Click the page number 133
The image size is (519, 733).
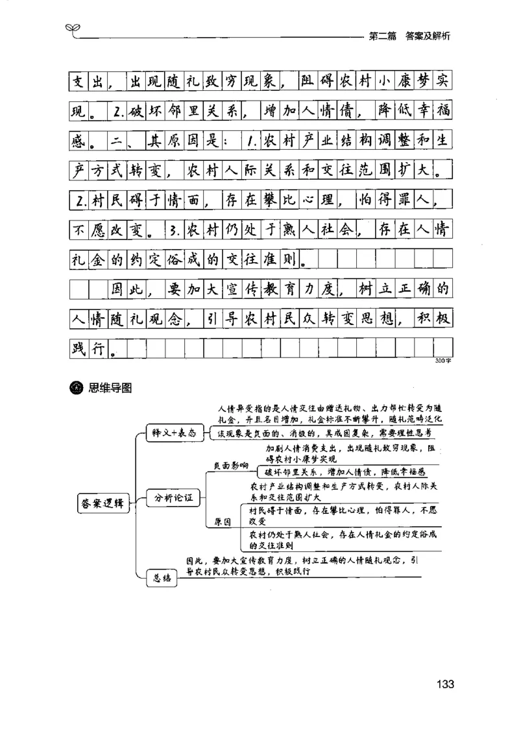pos(444,684)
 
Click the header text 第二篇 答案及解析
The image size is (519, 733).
pos(409,36)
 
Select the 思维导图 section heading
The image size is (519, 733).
pos(110,388)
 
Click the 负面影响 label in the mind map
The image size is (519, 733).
pos(231,466)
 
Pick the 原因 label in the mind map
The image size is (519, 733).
pos(223,523)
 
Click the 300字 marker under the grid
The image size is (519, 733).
pos(444,361)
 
